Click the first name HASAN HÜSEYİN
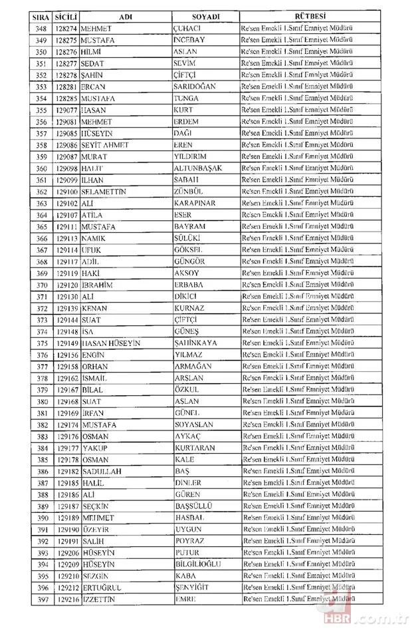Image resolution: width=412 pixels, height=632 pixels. tap(110, 343)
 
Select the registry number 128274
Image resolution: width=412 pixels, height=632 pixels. tap(68, 29)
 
